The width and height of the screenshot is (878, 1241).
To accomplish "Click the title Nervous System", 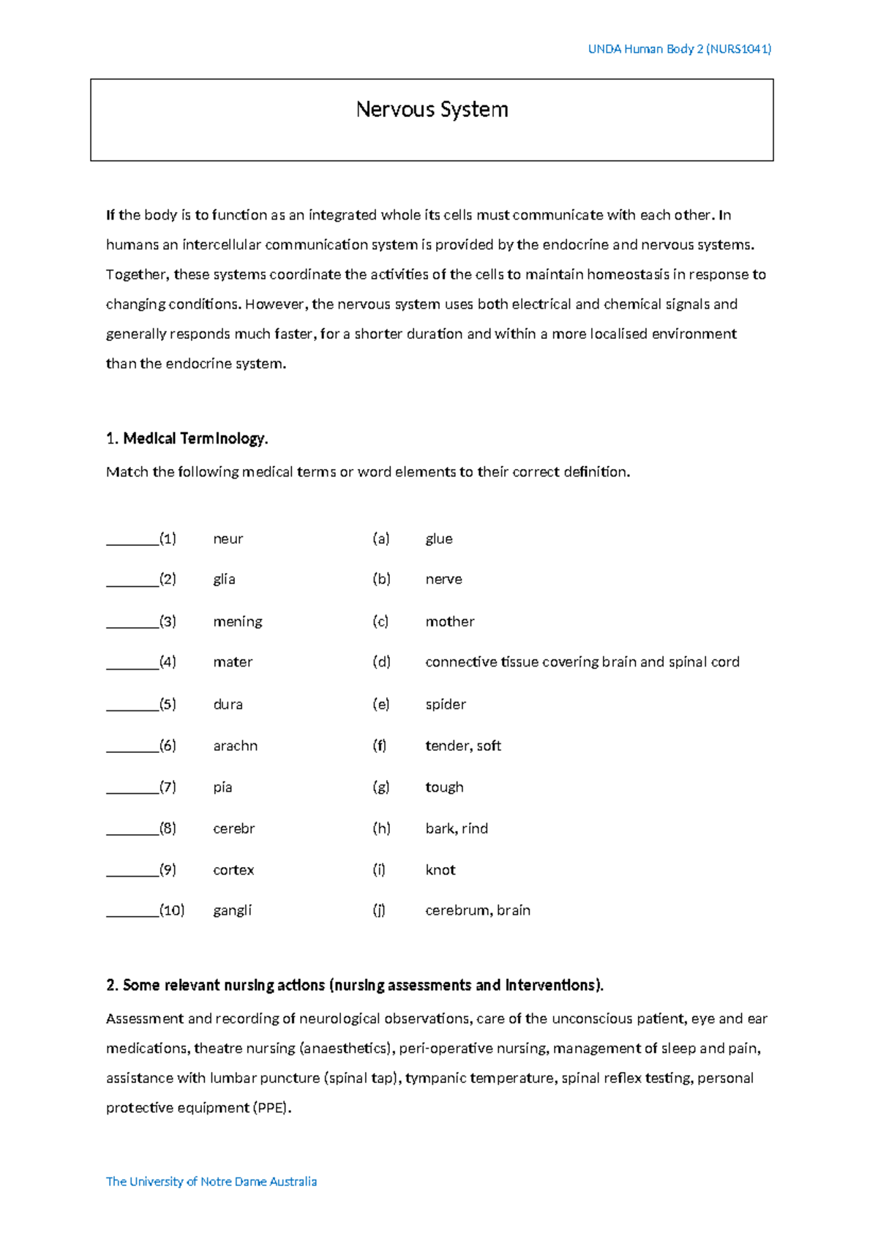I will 432,110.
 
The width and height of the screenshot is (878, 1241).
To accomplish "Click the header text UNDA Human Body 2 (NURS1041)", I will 680,49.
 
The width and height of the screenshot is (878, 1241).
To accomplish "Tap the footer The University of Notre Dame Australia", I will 211,1181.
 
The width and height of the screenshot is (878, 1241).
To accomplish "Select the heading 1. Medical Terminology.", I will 187,438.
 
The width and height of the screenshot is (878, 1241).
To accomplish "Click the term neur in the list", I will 228,539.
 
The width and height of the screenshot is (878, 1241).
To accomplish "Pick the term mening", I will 237,621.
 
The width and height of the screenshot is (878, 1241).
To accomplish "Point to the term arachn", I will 235,746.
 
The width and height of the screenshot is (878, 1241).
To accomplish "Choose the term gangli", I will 232,910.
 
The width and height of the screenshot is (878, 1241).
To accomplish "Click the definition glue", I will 439,539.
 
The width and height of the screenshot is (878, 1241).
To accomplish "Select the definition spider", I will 446,704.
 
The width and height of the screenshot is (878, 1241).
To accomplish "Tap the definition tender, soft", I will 463,746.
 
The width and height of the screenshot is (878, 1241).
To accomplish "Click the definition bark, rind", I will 457,828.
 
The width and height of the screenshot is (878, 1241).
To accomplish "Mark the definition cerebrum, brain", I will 478,910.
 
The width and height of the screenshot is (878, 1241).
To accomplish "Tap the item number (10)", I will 172,910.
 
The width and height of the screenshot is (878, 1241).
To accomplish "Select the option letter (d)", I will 381,661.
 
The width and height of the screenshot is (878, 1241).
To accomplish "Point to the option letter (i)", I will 379,869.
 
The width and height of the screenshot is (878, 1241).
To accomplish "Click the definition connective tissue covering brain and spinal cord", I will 582,661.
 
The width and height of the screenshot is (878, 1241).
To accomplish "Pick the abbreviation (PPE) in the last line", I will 271,1108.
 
